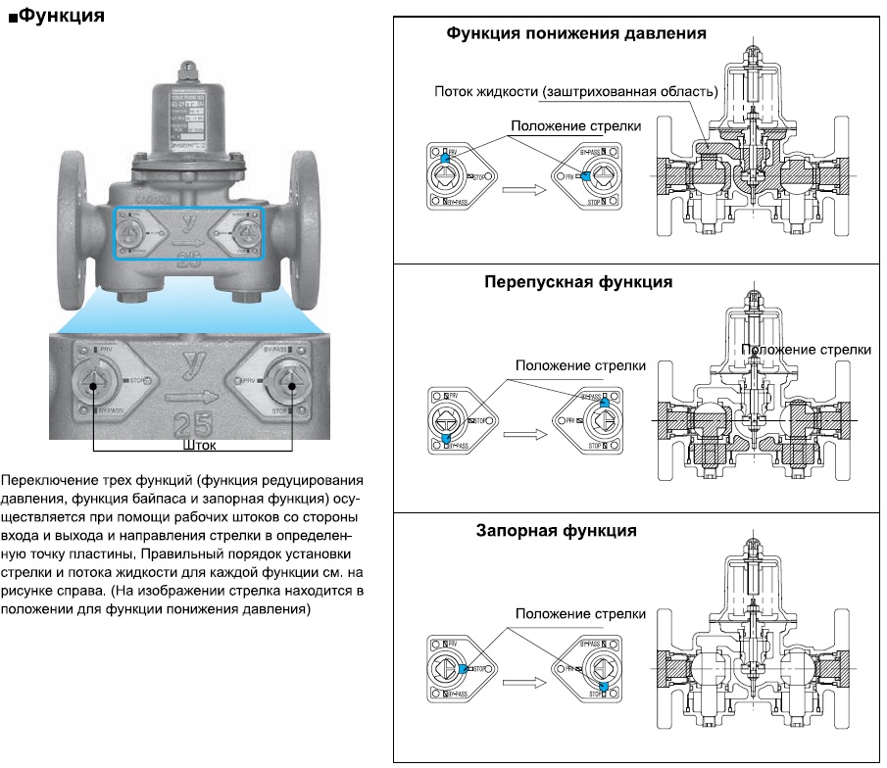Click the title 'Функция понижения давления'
(x=576, y=33)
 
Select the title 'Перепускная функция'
(x=578, y=282)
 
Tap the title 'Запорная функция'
(x=557, y=531)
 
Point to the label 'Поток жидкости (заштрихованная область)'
(x=576, y=91)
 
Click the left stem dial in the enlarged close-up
(x=94, y=383)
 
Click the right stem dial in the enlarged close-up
(x=288, y=383)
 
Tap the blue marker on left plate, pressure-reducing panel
(x=444, y=157)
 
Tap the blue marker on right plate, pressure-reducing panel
(x=585, y=176)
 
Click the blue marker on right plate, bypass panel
(x=605, y=402)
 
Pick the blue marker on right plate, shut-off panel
(x=605, y=688)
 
